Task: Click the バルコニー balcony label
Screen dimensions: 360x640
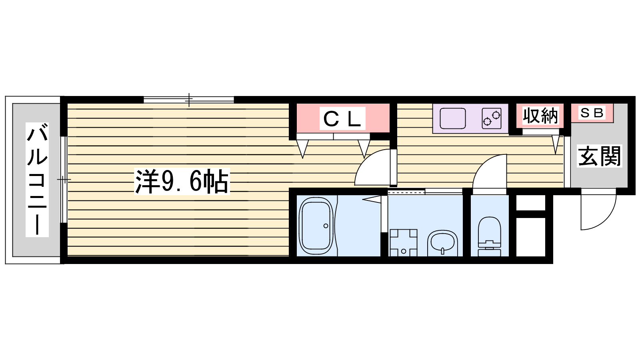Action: tap(37, 180)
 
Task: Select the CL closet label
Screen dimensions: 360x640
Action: tap(342, 118)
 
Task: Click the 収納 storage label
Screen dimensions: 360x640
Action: tap(540, 116)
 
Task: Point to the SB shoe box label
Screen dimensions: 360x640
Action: tap(592, 113)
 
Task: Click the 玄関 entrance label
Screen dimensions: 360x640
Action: tap(599, 156)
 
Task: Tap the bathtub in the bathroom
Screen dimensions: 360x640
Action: tap(316, 226)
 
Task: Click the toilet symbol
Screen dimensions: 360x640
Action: tap(489, 236)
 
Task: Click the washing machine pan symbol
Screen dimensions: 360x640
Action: tap(403, 242)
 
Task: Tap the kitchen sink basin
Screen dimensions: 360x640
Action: tap(452, 118)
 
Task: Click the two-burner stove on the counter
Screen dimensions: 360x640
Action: tap(492, 118)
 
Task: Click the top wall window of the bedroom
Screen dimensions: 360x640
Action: tap(189, 99)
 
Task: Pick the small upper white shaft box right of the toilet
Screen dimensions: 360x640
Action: tap(530, 202)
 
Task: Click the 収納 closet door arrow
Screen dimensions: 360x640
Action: tap(556, 144)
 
